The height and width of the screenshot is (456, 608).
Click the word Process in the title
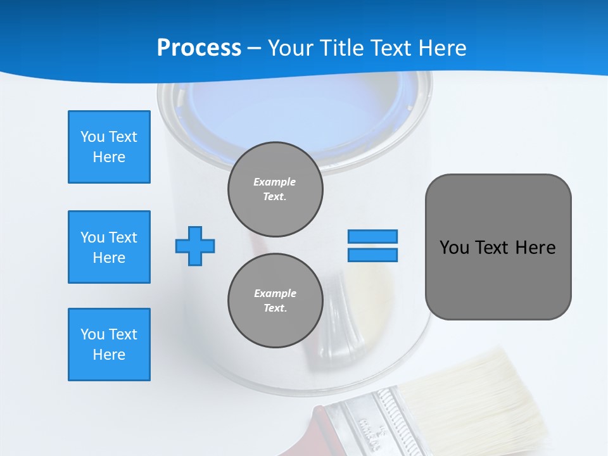[199, 48]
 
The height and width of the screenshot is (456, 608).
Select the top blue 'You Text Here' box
[109, 147]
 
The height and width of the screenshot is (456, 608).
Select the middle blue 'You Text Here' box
[109, 247]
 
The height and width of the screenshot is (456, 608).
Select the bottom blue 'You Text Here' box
[109, 345]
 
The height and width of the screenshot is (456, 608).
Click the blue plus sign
[195, 246]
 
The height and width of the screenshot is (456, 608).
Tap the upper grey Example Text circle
[275, 189]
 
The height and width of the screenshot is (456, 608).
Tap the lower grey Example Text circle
[275, 301]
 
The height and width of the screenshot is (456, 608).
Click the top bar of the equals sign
[372, 236]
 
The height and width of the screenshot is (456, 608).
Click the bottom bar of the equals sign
[372, 255]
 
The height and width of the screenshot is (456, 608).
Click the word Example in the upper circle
[275, 182]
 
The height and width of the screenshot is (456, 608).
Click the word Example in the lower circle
[275, 293]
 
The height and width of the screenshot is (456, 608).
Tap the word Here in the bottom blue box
[109, 355]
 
